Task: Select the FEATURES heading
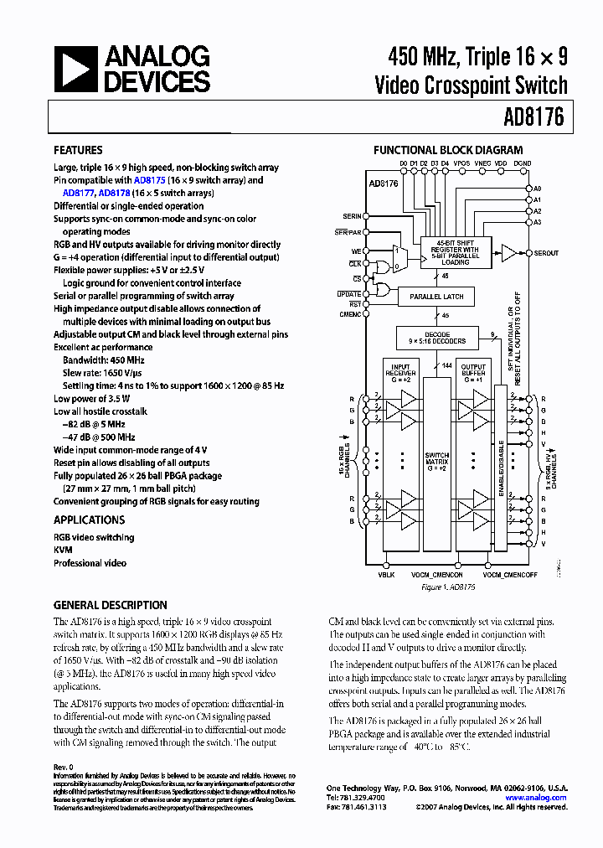78,151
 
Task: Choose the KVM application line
63,551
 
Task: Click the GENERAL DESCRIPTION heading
110,605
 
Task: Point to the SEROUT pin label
545,253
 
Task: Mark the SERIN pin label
353,216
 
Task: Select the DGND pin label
522,163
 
